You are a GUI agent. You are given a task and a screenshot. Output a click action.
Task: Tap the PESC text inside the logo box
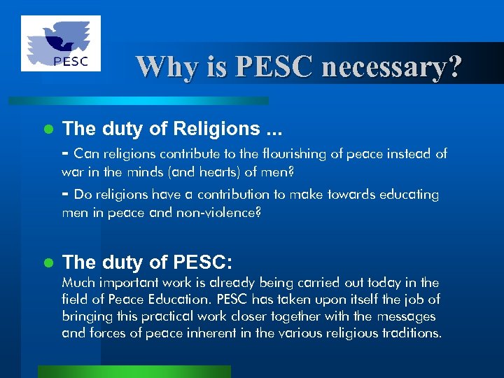tap(71, 61)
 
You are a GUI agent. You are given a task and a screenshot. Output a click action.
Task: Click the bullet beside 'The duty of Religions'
tap(48, 129)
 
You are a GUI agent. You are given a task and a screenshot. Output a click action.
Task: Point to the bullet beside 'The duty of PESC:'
tap(48, 262)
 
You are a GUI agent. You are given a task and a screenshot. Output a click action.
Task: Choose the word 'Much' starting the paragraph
tap(77, 283)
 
